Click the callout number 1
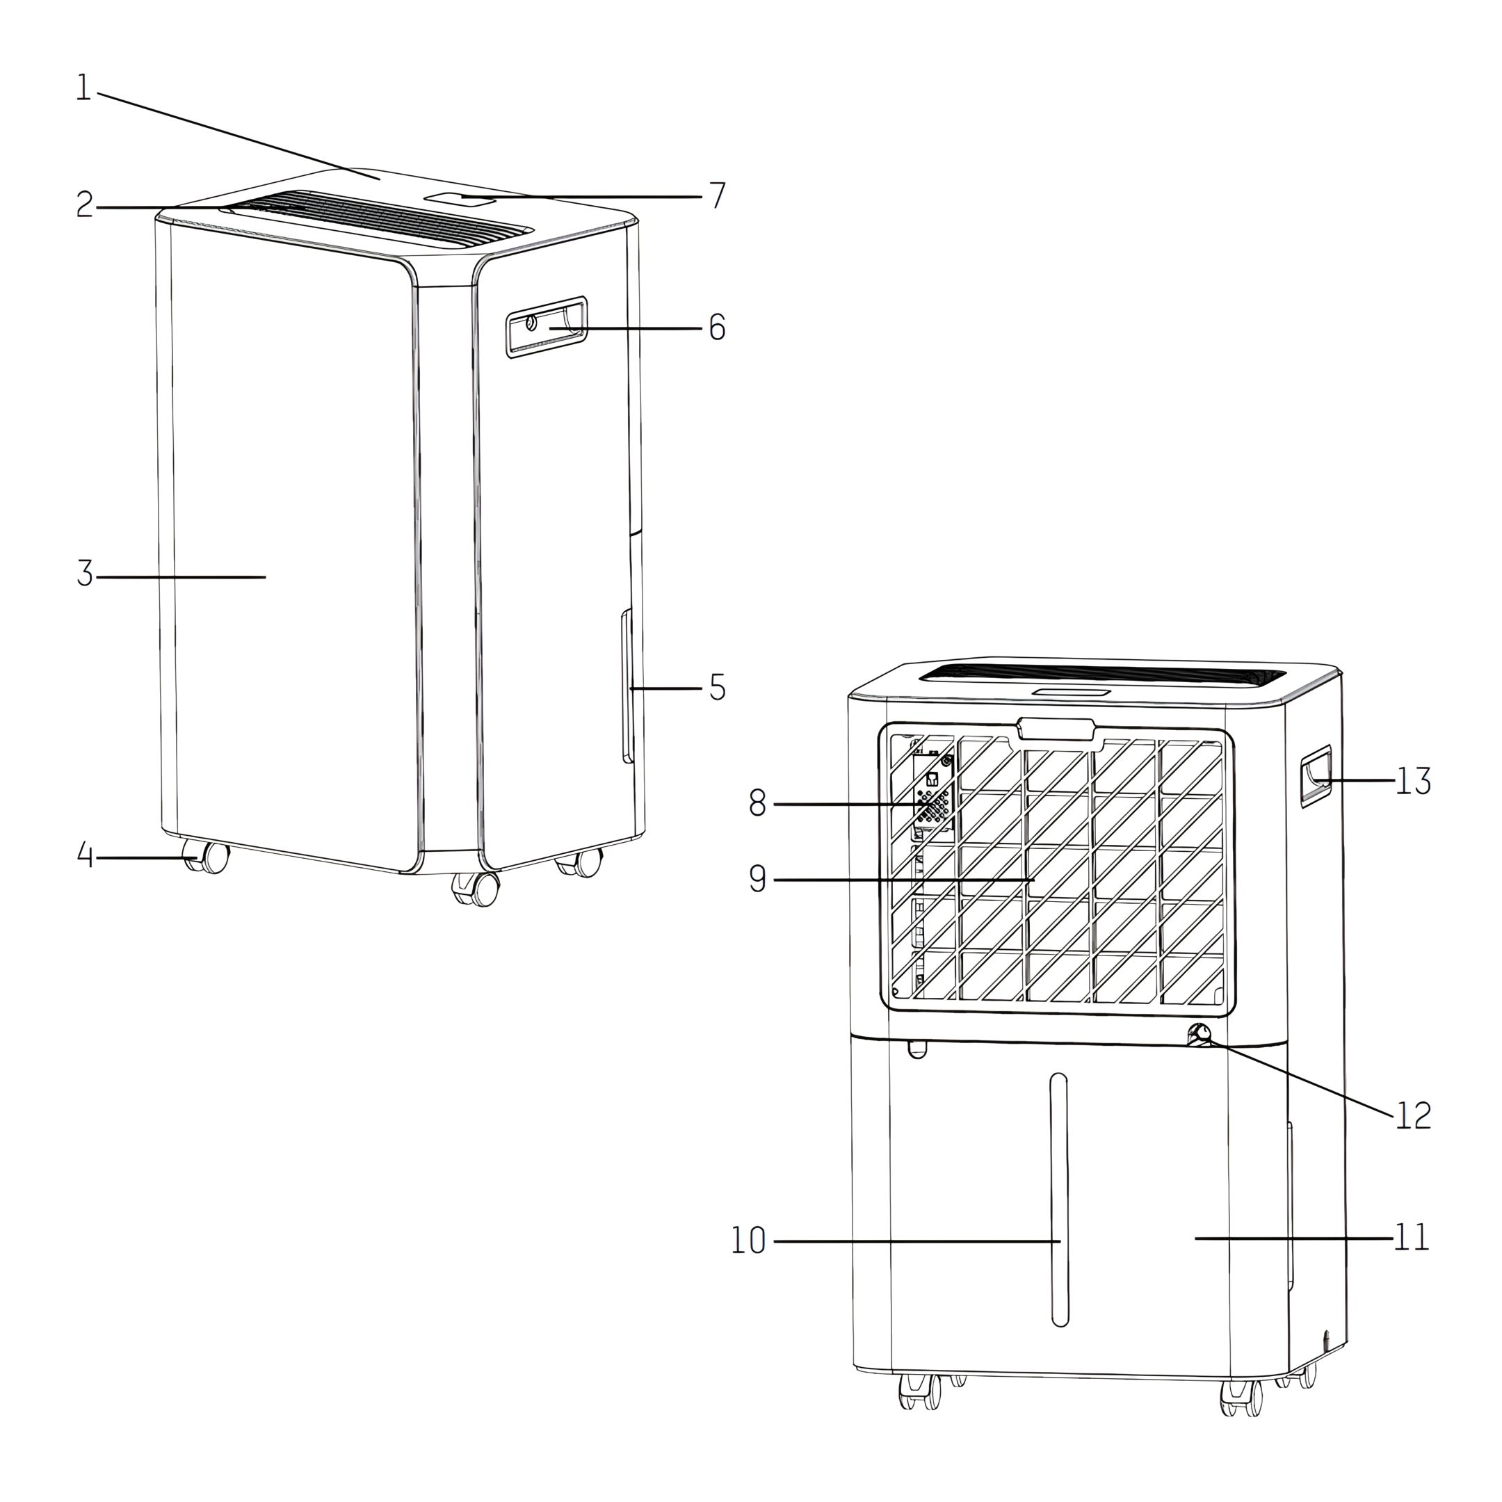pyautogui.click(x=84, y=88)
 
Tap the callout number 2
pyautogui.click(x=85, y=204)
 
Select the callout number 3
pyautogui.click(x=85, y=574)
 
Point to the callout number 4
pyautogui.click(x=86, y=855)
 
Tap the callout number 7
pyautogui.click(x=717, y=196)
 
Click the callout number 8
pyautogui.click(x=758, y=803)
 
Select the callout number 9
pyautogui.click(x=758, y=878)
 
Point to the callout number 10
pyautogui.click(x=749, y=1241)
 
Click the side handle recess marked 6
pyautogui.click(x=546, y=327)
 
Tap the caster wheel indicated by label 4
pyautogui.click(x=206, y=857)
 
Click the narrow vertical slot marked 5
pyautogui.click(x=626, y=686)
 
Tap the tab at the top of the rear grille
pyautogui.click(x=1056, y=729)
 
